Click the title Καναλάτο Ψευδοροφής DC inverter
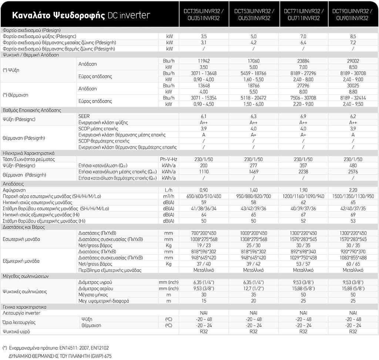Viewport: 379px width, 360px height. (x=81, y=15)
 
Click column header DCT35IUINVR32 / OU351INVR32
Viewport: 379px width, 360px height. (x=204, y=14)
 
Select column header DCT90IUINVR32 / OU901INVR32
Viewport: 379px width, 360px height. (x=353, y=14)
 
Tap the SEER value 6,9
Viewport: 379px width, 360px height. (x=303, y=116)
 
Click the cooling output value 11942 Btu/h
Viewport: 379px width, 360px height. (x=204, y=61)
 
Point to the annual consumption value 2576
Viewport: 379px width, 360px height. (x=353, y=172)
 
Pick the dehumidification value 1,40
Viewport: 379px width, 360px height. (x=254, y=190)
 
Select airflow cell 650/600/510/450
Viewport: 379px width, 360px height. (x=204, y=196)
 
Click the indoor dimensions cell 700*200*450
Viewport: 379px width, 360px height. (x=204, y=233)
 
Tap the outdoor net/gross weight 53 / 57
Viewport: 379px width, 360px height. (x=303, y=264)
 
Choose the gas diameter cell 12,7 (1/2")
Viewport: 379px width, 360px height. (x=254, y=289)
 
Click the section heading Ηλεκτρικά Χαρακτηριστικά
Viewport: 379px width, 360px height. (x=28, y=153)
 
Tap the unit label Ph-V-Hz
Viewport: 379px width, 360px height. (x=168, y=159)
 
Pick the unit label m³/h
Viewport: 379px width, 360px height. (x=168, y=196)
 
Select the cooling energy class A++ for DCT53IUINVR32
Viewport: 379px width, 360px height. (x=254, y=123)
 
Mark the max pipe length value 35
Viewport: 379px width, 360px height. (x=254, y=294)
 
